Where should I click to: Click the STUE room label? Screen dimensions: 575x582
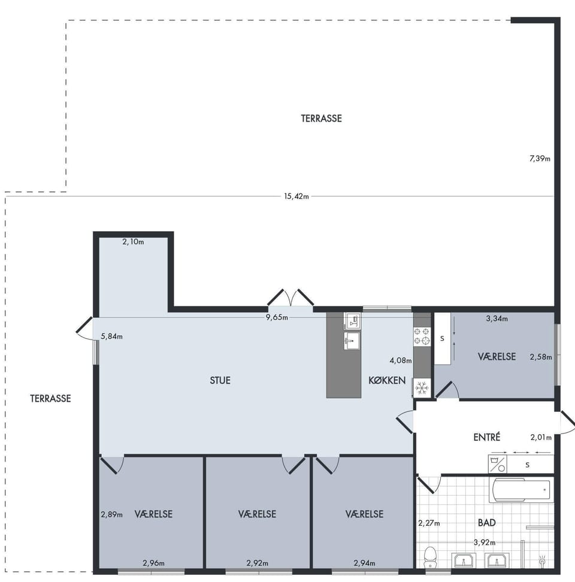click(x=220, y=380)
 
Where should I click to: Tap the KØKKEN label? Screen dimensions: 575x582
click(x=387, y=380)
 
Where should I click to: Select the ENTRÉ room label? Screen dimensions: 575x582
click(x=486, y=437)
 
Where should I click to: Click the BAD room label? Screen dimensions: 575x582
click(x=486, y=523)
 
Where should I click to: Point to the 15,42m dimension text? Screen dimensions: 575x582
click(x=296, y=196)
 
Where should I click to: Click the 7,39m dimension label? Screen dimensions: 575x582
click(x=540, y=159)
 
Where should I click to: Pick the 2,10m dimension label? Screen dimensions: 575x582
click(x=133, y=242)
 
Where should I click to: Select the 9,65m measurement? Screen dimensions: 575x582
click(x=277, y=317)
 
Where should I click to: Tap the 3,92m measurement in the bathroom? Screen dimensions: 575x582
click(x=485, y=542)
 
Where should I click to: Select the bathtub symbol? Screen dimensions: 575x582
click(x=521, y=490)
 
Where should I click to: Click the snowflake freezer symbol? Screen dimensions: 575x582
click(x=422, y=388)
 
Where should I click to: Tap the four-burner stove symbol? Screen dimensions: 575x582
click(x=422, y=337)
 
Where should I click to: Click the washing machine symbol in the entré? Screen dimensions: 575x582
click(x=497, y=464)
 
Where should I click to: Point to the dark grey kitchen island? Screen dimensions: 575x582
click(x=344, y=355)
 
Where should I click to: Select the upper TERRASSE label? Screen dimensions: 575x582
click(x=321, y=119)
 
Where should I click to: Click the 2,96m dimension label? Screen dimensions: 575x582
click(x=154, y=563)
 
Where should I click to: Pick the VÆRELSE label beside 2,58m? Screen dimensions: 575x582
click(x=497, y=356)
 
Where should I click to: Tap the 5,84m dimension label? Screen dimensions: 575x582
click(x=112, y=337)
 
